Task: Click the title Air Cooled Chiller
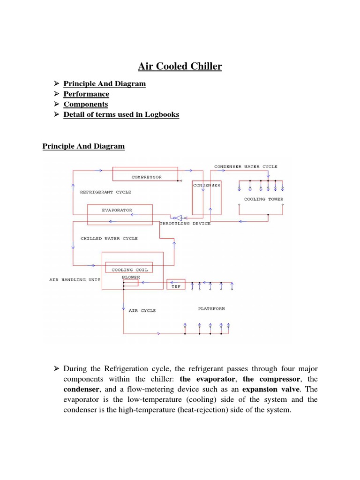[180, 67]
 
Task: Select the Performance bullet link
[86, 94]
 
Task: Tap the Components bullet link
[86, 104]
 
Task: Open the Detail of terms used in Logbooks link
[121, 114]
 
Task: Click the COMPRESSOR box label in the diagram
[147, 177]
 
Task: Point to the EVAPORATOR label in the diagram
[117, 210]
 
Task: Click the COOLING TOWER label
[263, 199]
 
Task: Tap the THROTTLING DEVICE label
[185, 224]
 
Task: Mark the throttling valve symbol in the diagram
[179, 217]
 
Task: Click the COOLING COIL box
[129, 270]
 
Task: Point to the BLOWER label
[131, 277]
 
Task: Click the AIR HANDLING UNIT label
[75, 280]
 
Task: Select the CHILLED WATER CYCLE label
[109, 239]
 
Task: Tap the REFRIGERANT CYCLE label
[105, 192]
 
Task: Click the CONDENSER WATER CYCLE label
[246, 166]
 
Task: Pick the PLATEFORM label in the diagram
[211, 309]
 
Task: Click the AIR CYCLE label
[142, 311]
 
